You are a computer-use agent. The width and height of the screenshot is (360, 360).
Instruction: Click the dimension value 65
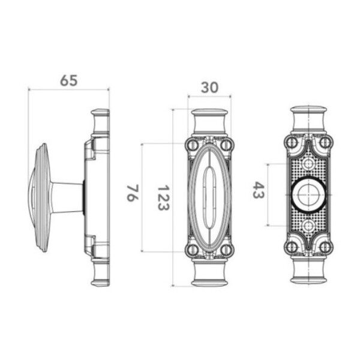tap(68, 80)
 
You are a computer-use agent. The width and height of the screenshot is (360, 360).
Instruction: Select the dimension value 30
tap(209, 88)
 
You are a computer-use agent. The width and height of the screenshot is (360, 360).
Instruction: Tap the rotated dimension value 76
tap(133, 193)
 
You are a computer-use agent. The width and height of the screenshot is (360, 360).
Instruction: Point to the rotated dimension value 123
tap(163, 197)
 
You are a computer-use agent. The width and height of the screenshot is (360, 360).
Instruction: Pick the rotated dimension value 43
tap(259, 190)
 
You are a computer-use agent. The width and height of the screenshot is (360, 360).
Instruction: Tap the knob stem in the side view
tap(67, 197)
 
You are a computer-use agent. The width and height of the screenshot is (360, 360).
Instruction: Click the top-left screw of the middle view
tap(193, 145)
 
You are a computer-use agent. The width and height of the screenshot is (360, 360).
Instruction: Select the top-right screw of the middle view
tap(226, 145)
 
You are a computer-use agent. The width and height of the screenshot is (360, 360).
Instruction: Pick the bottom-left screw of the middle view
tap(193, 250)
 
